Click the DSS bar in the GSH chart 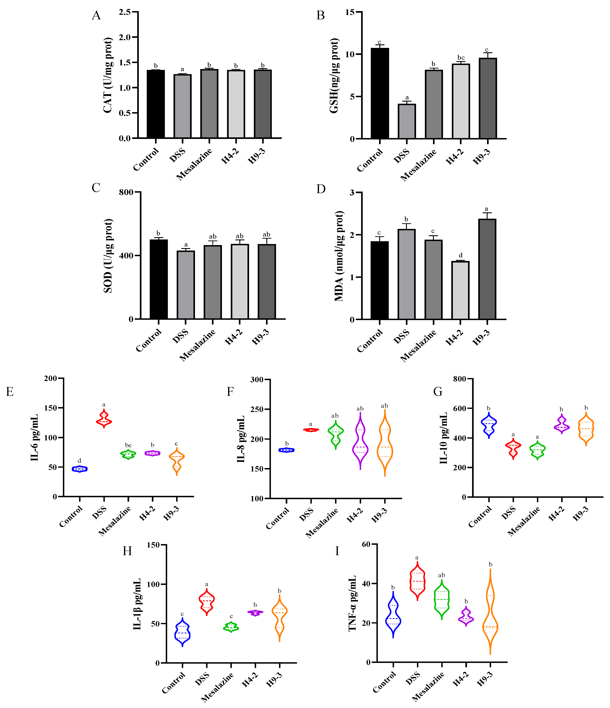tap(407, 121)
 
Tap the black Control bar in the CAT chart tap(156, 104)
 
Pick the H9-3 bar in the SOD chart tap(267, 282)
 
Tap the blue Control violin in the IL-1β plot tap(182, 632)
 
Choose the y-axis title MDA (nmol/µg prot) tap(339, 256)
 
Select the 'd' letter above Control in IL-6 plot tap(79, 461)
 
